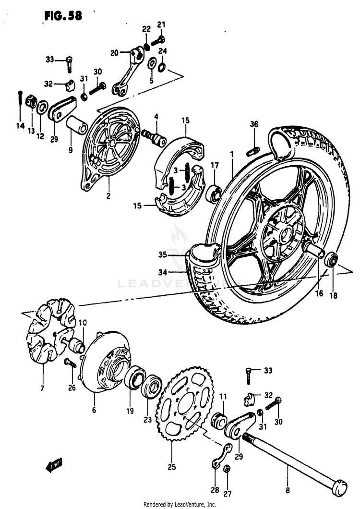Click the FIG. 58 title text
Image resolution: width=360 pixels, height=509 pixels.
[x=63, y=15]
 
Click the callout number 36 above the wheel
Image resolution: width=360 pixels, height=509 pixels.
[x=254, y=124]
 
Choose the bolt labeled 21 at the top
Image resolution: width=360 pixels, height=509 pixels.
[x=158, y=40]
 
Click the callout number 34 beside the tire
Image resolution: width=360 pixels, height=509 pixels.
[x=163, y=272]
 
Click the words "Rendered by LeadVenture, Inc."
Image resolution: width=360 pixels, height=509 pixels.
[x=180, y=504]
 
